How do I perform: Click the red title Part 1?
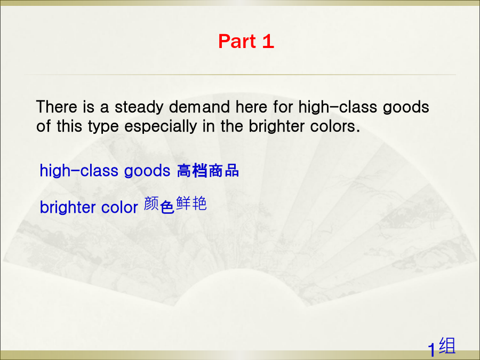coord(246,41)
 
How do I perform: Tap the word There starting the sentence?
coord(57,107)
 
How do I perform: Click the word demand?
coord(199,107)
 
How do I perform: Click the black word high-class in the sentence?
coord(338,107)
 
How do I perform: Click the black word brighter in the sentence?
coord(276,126)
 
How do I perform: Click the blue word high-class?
coord(79,171)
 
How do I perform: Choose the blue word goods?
coord(147,171)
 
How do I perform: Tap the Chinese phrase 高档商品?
coord(208,171)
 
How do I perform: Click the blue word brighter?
coord(68,207)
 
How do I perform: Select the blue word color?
coord(119,207)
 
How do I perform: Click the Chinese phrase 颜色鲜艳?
coord(175,204)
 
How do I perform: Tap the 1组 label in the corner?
coord(442,347)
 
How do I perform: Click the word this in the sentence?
coord(69,126)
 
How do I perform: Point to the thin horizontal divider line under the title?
coord(240,74)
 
